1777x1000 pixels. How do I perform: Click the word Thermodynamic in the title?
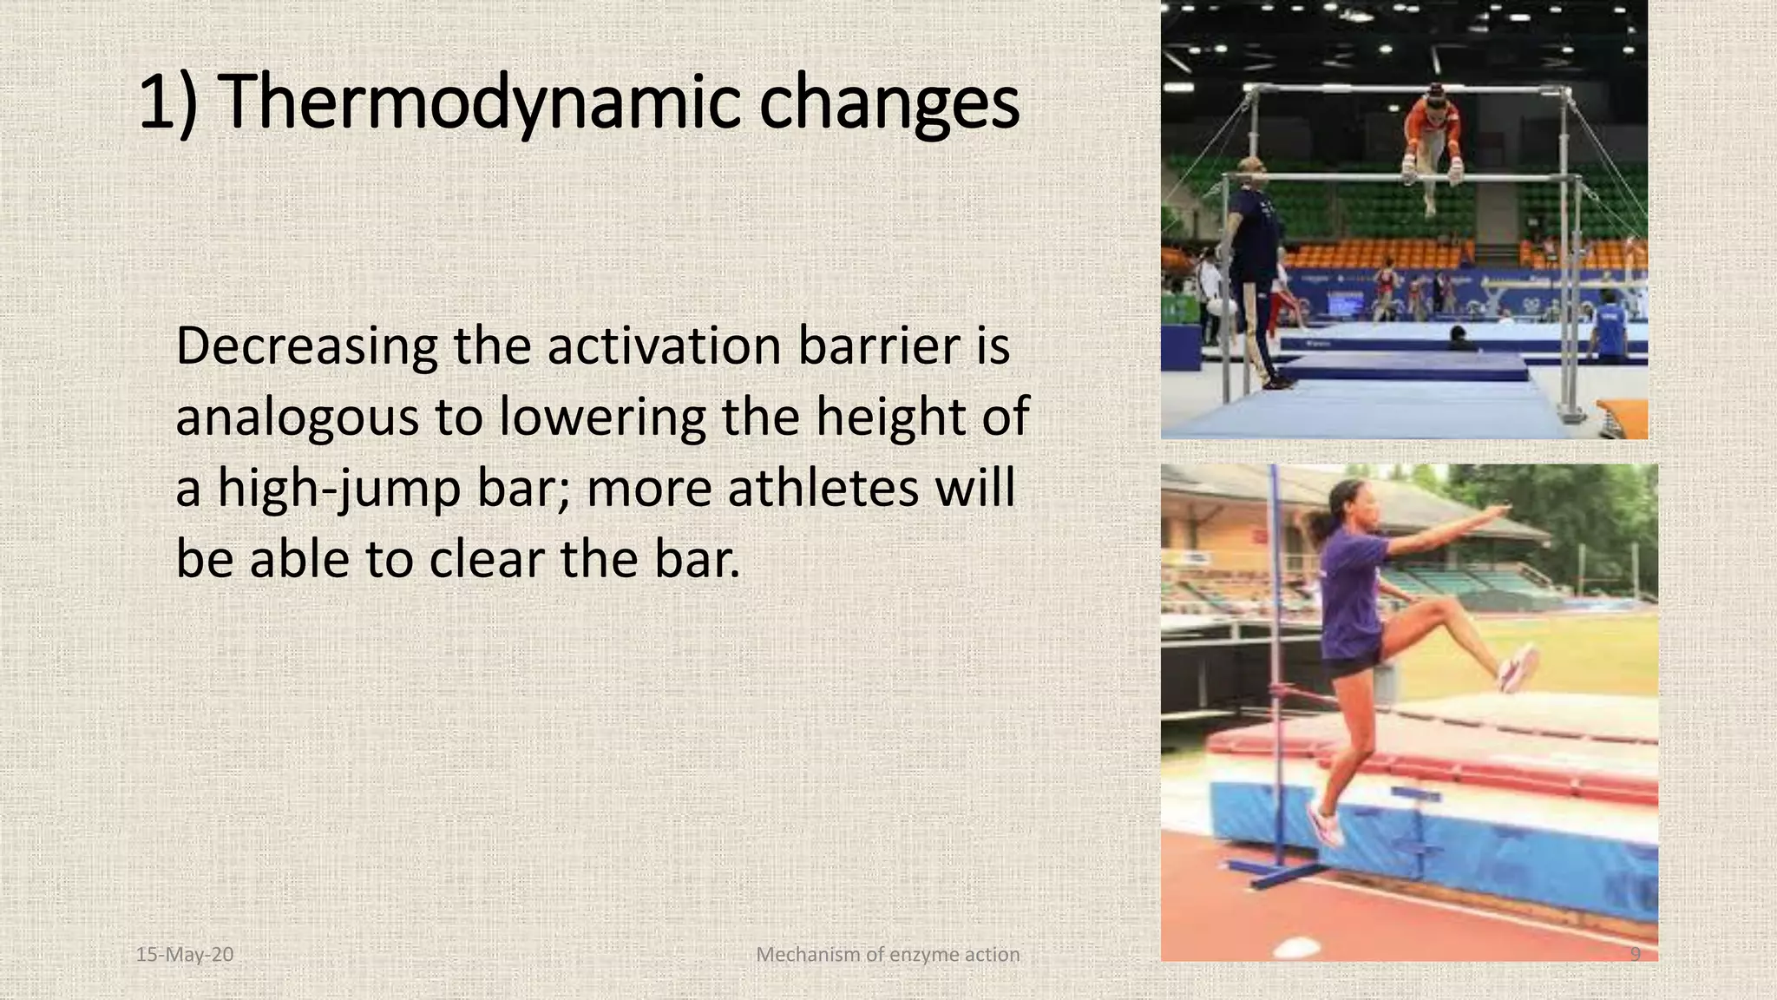475,102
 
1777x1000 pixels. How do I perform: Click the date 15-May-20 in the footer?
185,955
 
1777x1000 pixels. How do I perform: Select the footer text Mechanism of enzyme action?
888,955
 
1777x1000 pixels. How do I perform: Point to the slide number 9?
1635,955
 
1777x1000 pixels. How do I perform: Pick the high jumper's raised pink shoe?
1519,668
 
